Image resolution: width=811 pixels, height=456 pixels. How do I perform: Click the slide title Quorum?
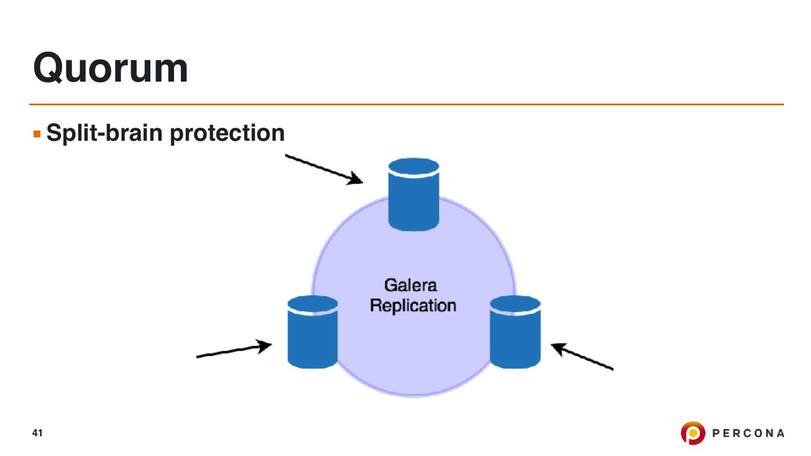(110, 68)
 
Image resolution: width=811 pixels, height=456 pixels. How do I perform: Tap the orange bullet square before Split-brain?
(37, 135)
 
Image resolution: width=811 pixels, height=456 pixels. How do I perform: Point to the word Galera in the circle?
(411, 285)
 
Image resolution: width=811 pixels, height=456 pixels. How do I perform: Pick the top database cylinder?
(413, 197)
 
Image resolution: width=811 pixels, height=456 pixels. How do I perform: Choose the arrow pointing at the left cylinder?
(234, 351)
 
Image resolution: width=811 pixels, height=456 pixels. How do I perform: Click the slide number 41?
(38, 433)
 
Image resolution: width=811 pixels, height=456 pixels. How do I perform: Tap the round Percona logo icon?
(693, 433)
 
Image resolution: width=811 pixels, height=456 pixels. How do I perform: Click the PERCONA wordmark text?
(748, 433)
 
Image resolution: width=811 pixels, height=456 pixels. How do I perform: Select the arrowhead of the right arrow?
(558, 347)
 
